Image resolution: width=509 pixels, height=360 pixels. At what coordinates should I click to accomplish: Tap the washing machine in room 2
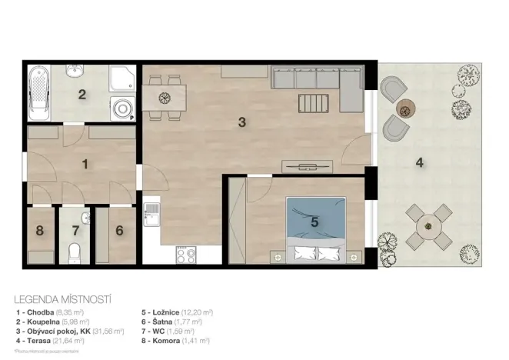[121, 108]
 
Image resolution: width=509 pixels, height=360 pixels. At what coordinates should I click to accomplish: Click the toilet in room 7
[75, 251]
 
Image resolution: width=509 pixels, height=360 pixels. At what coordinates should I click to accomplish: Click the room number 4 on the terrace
[419, 162]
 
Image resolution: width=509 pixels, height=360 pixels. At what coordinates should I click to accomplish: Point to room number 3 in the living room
[241, 122]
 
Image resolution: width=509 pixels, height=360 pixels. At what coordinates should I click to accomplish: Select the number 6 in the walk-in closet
[119, 229]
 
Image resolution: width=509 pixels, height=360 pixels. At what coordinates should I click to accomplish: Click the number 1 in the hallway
[85, 163]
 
